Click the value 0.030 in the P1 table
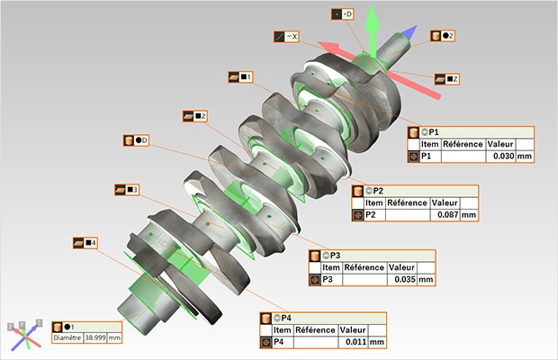pos(498,157)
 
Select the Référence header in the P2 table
pos(404,202)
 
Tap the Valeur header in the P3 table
pos(400,267)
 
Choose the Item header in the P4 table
pos(279,330)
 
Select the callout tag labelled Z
pos(446,79)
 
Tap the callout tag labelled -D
pos(343,14)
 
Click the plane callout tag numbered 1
pos(241,77)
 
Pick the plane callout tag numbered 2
pos(195,116)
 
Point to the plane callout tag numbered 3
pos(127,190)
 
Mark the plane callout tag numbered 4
pos(85,243)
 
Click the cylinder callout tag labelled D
pos(137,140)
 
